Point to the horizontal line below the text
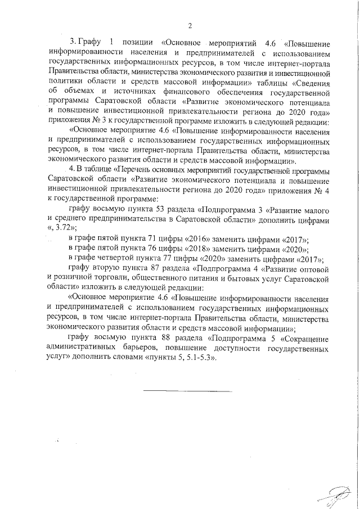(186, 390)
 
